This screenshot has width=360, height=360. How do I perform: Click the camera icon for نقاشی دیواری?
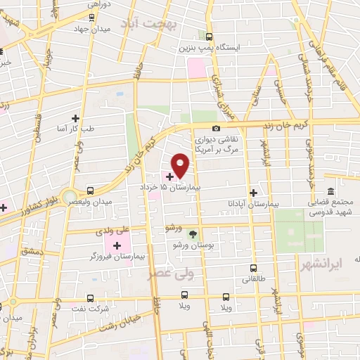click(216, 128)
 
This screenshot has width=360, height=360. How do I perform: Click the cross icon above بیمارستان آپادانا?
click(255, 192)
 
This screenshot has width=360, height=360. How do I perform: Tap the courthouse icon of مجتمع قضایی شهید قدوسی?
click(330, 191)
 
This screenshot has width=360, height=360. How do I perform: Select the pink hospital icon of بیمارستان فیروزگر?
click(114, 245)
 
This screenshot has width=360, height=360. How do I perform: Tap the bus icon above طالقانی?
click(254, 268)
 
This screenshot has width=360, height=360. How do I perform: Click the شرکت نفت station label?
click(90, 309)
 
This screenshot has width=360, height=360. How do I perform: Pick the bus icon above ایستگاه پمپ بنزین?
click(209, 37)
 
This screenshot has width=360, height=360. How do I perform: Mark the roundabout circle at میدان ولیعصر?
click(68, 195)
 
